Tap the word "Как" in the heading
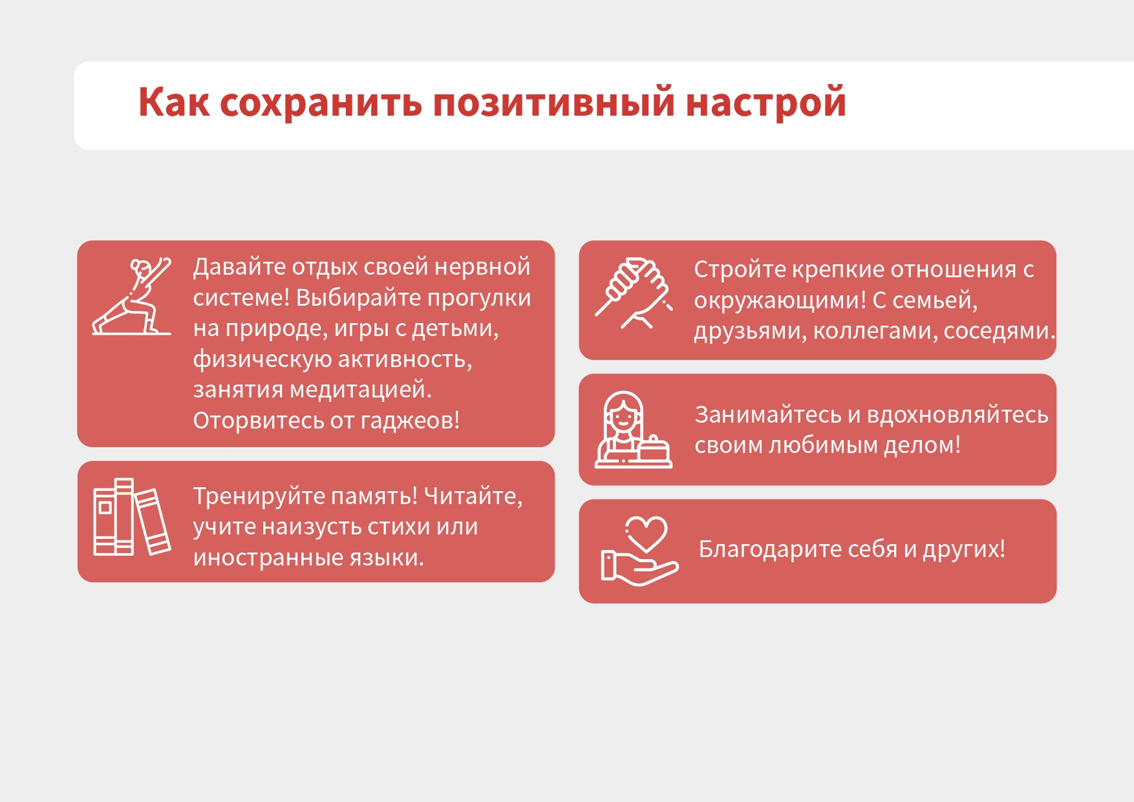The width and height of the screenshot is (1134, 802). pyautogui.click(x=174, y=102)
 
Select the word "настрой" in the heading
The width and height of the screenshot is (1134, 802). pyautogui.click(x=765, y=102)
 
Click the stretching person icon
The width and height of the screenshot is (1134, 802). pyautogui.click(x=132, y=297)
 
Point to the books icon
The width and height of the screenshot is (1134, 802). pyautogui.click(x=132, y=517)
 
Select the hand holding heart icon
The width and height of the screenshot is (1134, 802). pyautogui.click(x=639, y=551)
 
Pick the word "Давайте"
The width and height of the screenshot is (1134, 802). pyautogui.click(x=239, y=267)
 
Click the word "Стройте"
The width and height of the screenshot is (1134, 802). pyautogui.click(x=740, y=270)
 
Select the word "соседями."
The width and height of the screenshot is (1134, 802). pyautogui.click(x=1000, y=332)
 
